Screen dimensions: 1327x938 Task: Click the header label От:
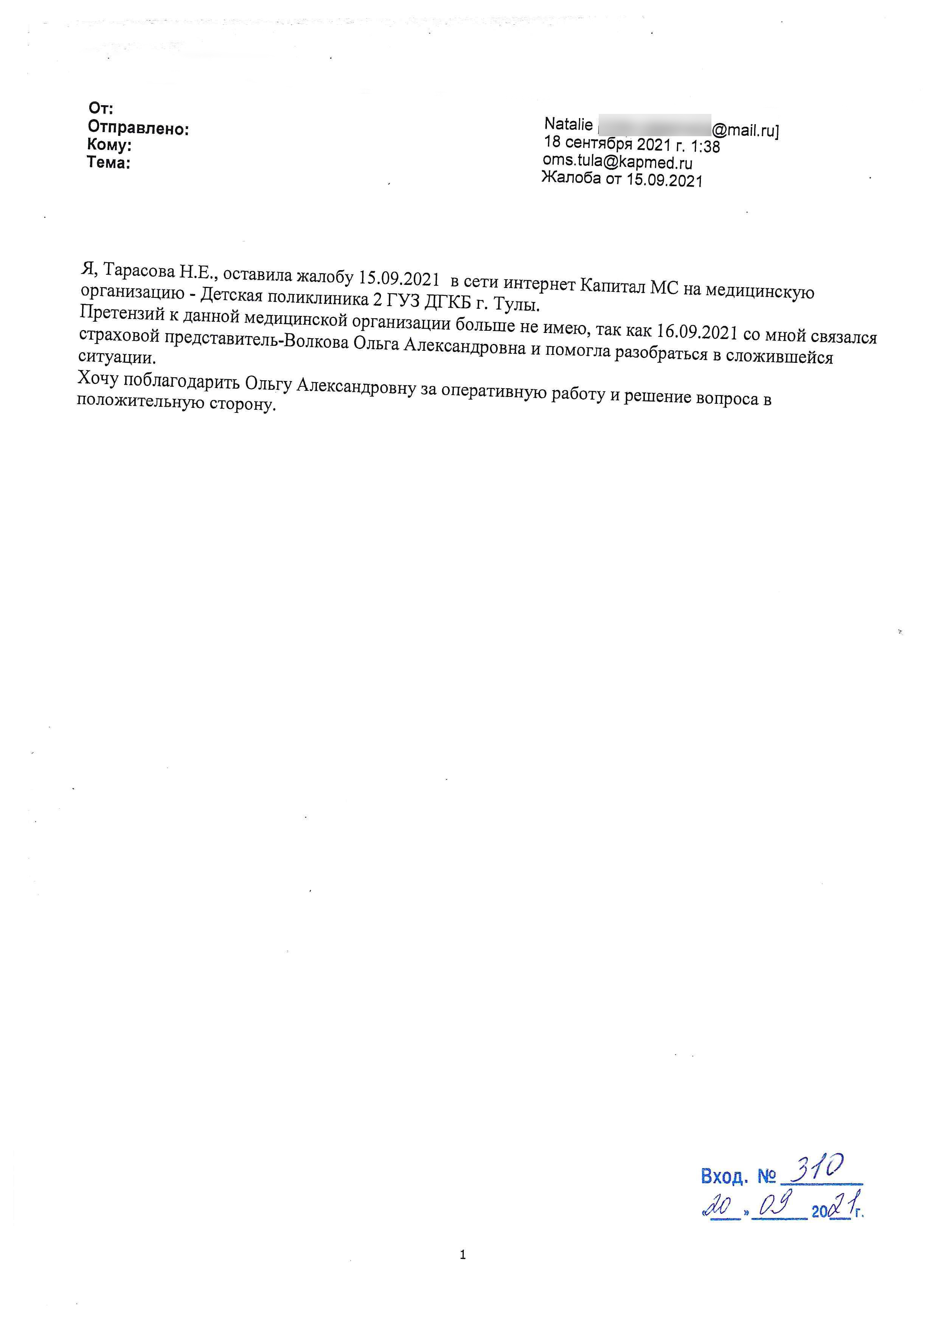click(101, 108)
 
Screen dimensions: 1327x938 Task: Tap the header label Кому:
click(109, 145)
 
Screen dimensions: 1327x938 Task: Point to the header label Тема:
click(109, 163)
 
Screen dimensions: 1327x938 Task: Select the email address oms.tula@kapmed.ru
click(617, 163)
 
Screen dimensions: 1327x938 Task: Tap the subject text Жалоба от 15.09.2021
click(622, 180)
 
